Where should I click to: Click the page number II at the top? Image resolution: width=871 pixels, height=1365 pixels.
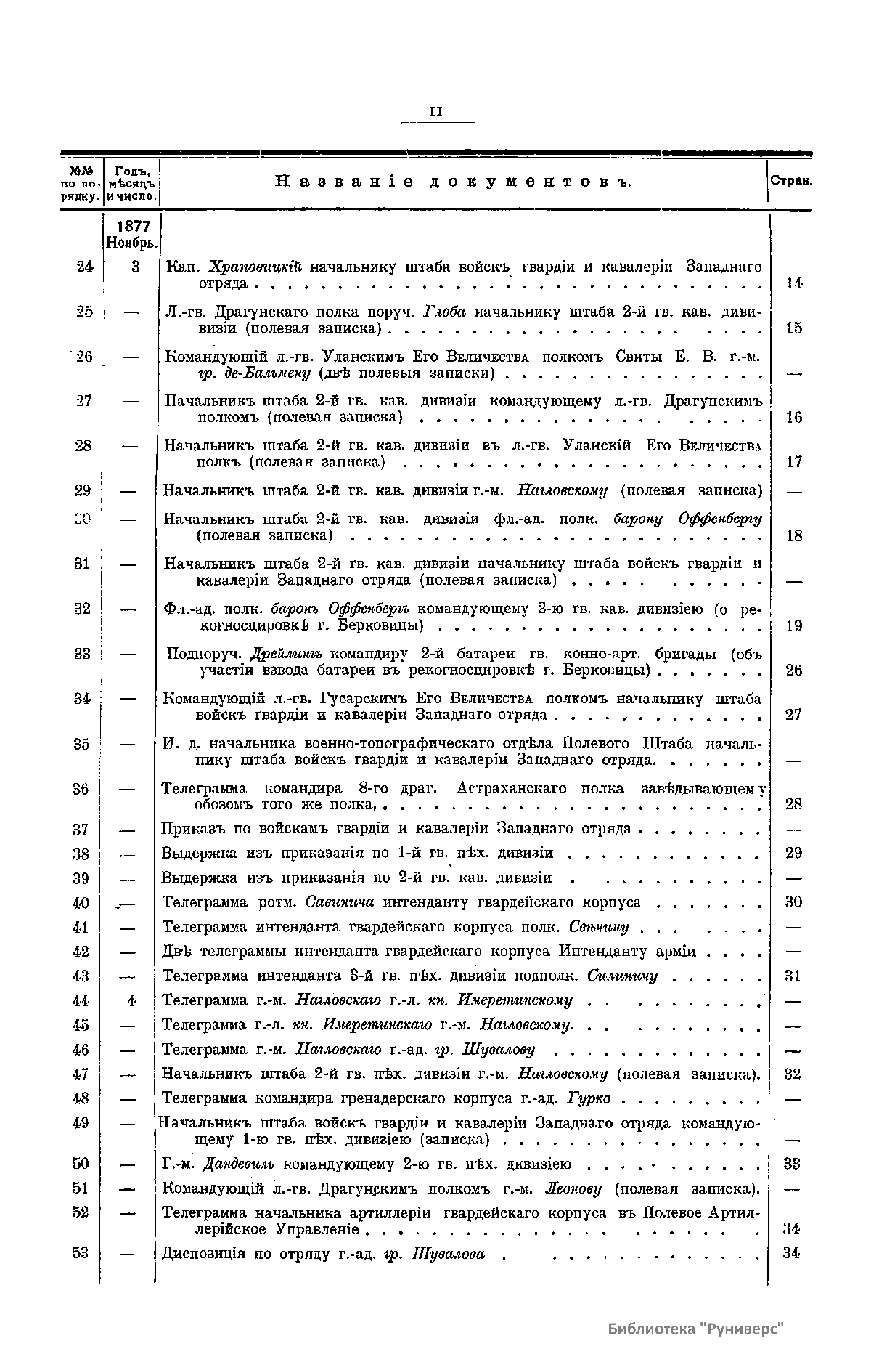[x=436, y=112]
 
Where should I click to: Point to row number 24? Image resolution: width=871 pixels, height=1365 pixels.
[x=84, y=266]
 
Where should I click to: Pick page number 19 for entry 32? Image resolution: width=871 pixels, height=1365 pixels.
[x=794, y=625]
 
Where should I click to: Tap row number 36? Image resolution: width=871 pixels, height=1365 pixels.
[x=81, y=789]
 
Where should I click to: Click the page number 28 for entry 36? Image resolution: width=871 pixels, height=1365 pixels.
[x=794, y=803]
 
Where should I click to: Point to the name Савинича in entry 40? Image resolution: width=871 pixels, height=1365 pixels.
[x=340, y=903]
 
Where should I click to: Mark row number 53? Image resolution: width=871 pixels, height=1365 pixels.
[x=81, y=1253]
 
